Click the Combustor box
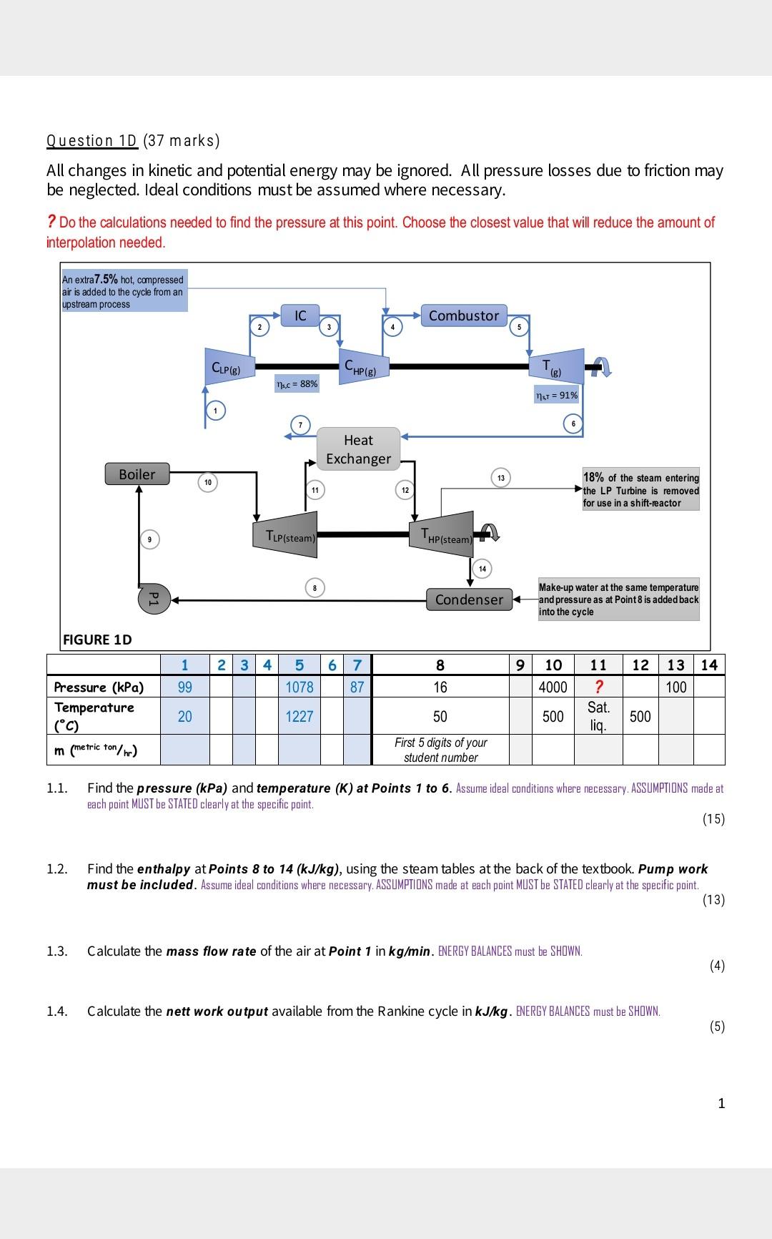click(x=464, y=315)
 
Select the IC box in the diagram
click(x=300, y=315)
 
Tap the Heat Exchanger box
click(x=358, y=449)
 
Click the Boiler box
click(x=137, y=474)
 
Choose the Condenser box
click(x=469, y=599)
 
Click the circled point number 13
click(x=501, y=477)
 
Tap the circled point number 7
click(x=300, y=425)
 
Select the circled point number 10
click(x=207, y=483)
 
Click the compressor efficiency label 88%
click(x=297, y=384)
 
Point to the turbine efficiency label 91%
click(x=558, y=396)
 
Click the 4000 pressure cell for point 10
click(x=553, y=687)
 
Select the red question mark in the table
click(x=598, y=687)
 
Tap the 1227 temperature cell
click(x=299, y=716)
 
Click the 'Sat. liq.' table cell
click(x=598, y=716)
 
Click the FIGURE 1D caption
click(x=98, y=640)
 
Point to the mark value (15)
click(x=713, y=819)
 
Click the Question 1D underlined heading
click(x=91, y=140)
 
